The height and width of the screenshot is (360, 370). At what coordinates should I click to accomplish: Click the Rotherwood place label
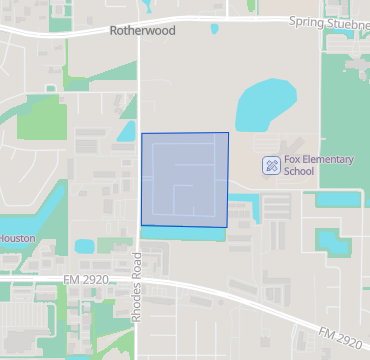(141, 31)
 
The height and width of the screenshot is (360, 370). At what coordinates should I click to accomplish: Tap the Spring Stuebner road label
(328, 22)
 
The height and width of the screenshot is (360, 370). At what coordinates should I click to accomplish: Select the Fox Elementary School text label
(312, 165)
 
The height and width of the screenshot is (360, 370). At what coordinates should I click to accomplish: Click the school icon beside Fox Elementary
(270, 165)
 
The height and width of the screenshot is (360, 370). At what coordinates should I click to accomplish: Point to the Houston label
(18, 238)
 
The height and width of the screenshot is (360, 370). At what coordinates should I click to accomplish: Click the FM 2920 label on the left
(83, 279)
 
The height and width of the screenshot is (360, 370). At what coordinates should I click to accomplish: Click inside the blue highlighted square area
(185, 180)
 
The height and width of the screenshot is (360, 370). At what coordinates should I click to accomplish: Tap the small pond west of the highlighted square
(127, 130)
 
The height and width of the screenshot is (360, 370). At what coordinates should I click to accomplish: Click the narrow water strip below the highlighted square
(180, 233)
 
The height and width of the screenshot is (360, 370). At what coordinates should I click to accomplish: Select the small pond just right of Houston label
(84, 245)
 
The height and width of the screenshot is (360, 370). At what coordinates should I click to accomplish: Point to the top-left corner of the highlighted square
(142, 133)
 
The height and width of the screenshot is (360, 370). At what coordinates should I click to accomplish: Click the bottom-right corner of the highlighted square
(227, 227)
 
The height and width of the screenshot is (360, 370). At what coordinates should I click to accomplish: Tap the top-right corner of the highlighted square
(228, 132)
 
